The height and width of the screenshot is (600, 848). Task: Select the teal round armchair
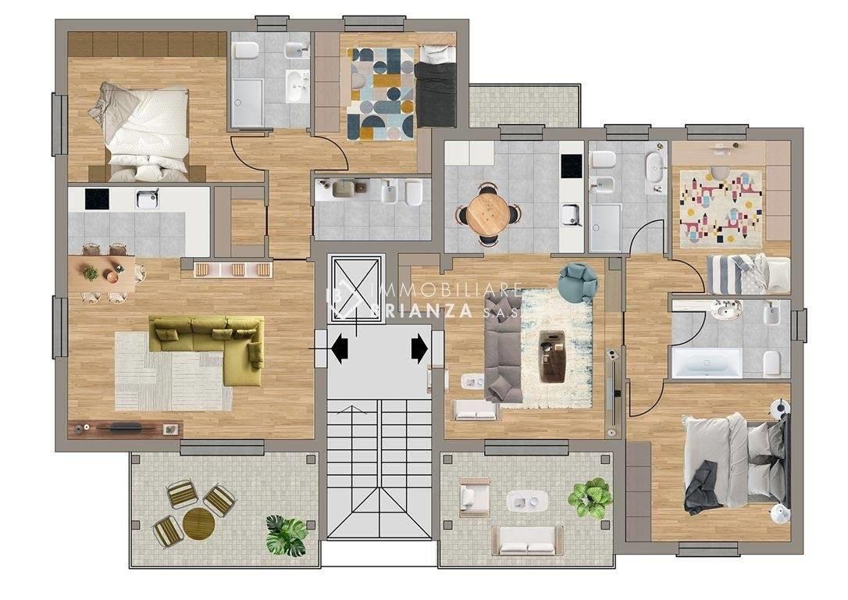pyautogui.click(x=578, y=281)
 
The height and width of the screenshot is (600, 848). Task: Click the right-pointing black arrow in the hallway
pyautogui.click(x=419, y=348)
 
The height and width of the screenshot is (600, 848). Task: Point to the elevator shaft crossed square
pyautogui.click(x=355, y=287)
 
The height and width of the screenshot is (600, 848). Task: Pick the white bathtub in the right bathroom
pyautogui.click(x=707, y=363)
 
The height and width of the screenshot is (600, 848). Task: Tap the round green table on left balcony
pyautogui.click(x=198, y=523)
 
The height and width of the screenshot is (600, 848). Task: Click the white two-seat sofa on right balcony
pyautogui.click(x=526, y=541)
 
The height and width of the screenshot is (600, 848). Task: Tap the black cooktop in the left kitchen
pyautogui.click(x=97, y=198)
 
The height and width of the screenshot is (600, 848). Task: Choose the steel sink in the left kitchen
pyautogui.click(x=146, y=199)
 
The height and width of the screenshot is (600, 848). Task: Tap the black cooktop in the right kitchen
pyautogui.click(x=571, y=162)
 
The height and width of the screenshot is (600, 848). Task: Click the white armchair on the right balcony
pyautogui.click(x=474, y=498)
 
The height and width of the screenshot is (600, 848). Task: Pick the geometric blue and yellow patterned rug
pyautogui.click(x=381, y=94)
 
